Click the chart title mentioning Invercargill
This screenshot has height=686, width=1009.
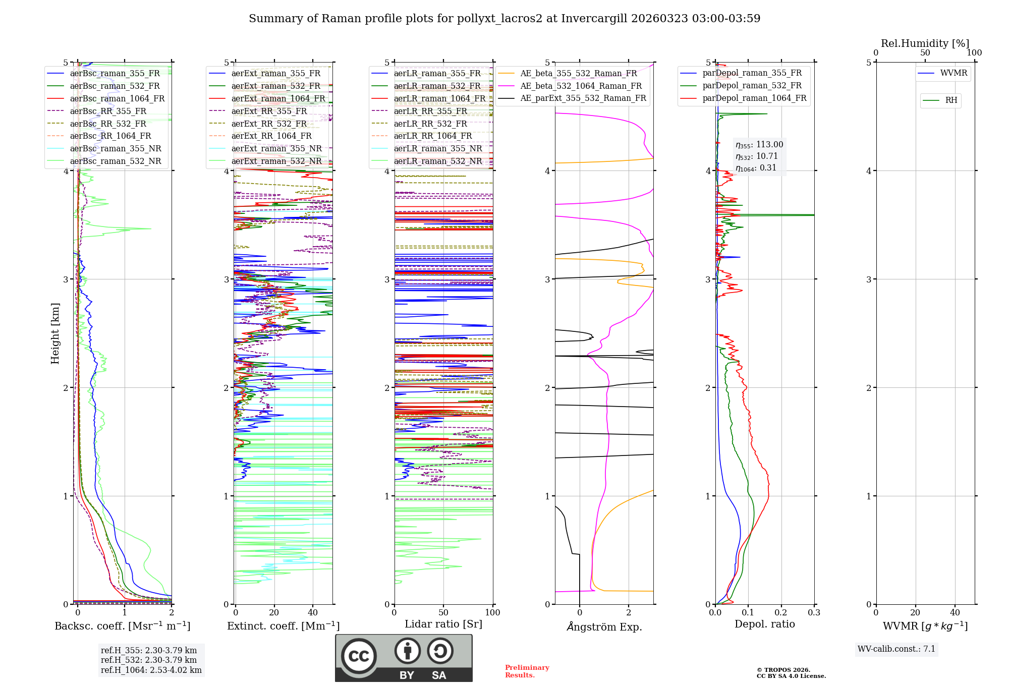[x=504, y=19]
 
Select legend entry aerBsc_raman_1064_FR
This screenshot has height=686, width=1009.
[x=117, y=98]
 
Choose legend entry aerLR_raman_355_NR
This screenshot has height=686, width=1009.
[x=437, y=148]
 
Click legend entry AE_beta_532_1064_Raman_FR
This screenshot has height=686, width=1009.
[x=581, y=86]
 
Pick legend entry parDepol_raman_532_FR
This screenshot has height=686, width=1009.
[x=752, y=86]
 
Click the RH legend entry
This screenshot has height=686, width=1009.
[x=951, y=100]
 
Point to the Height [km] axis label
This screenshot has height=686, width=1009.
[x=55, y=333]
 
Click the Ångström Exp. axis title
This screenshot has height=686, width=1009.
[x=604, y=627]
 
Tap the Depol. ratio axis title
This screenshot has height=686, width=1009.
[x=764, y=624]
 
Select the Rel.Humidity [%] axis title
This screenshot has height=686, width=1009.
[x=925, y=43]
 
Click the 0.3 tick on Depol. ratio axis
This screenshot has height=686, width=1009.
[x=814, y=613]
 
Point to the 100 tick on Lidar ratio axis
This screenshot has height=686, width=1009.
[x=492, y=613]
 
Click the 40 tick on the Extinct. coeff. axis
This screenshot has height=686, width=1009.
[x=313, y=613]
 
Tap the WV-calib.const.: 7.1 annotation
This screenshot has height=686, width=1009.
[x=896, y=649]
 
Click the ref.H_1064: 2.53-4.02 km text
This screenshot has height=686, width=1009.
[x=151, y=670]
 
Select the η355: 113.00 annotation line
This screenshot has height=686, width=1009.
[x=759, y=145]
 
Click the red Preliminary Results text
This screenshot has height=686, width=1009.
[x=527, y=671]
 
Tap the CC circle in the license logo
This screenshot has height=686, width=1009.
[x=359, y=656]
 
